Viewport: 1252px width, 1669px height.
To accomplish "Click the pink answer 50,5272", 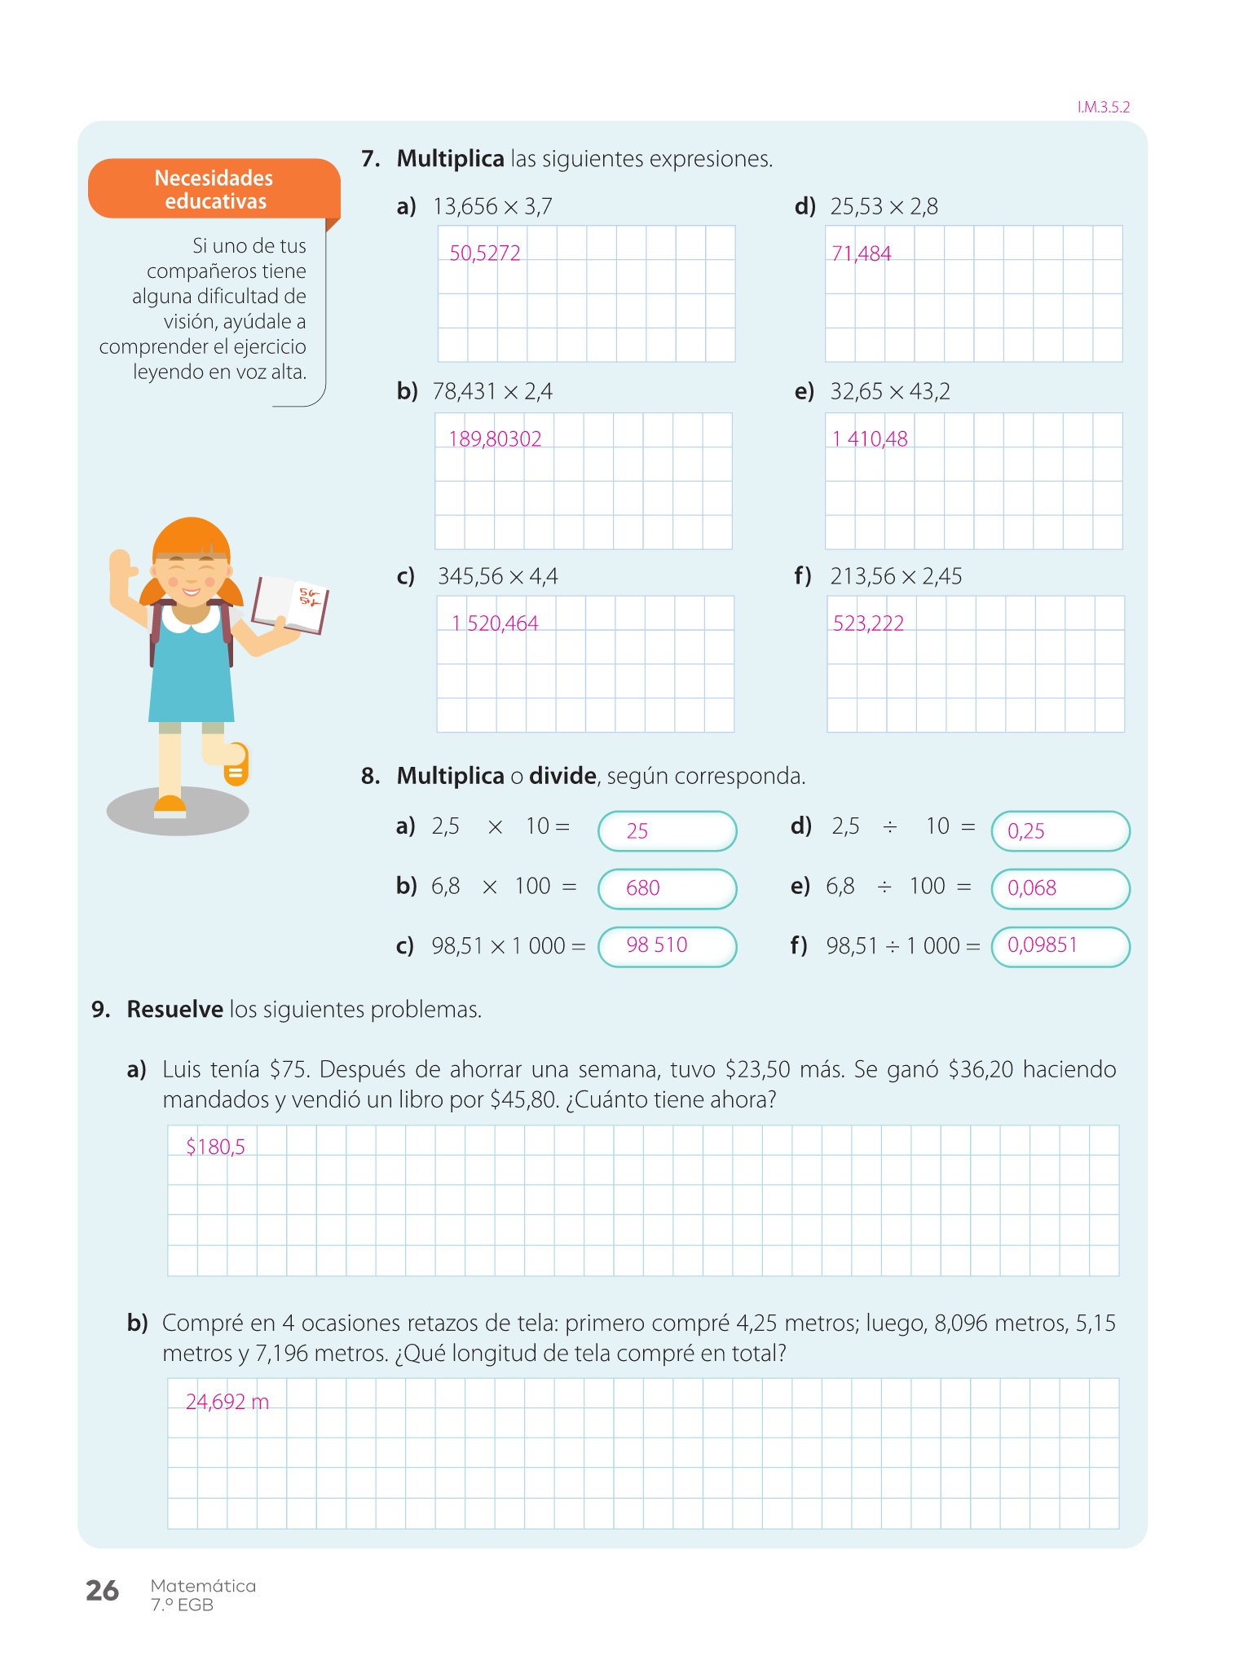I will point(485,253).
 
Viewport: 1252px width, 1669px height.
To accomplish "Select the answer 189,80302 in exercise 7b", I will point(495,439).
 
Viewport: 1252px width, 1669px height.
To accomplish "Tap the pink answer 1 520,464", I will point(495,623).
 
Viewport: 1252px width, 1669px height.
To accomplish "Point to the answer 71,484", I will point(861,254).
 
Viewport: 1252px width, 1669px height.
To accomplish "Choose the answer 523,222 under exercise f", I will point(868,623).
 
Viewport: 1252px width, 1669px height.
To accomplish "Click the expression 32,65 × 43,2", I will point(890,392).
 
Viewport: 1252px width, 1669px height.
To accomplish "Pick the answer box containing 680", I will point(667,888).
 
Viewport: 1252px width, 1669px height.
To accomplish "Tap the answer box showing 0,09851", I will point(1060,946).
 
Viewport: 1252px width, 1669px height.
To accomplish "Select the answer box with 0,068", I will point(1060,888).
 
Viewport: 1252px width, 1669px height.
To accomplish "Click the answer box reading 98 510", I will point(667,946).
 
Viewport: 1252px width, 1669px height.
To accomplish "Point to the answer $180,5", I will point(215,1147).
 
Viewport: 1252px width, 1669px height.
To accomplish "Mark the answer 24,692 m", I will point(227,1402).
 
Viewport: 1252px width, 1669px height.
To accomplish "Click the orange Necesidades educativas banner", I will point(214,189).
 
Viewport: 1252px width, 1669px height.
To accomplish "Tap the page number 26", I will point(103,1591).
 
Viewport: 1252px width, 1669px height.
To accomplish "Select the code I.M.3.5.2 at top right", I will point(1104,108).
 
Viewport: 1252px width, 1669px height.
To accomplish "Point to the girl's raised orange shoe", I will point(236,764).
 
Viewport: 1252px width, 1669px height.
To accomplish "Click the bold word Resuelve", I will point(174,1010).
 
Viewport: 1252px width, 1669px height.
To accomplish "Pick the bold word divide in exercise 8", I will point(562,776).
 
